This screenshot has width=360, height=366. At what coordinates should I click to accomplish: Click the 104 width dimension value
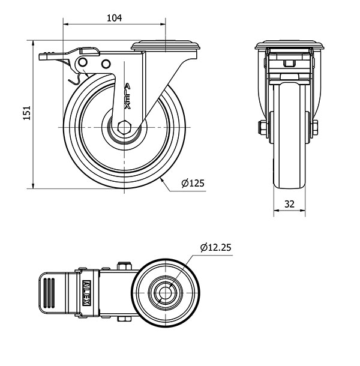pos(115,18)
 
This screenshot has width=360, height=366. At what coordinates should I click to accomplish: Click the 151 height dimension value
pos(27,113)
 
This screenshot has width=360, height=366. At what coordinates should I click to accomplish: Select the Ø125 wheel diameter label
pos(193,183)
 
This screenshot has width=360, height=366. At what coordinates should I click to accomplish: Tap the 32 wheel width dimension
pos(289,204)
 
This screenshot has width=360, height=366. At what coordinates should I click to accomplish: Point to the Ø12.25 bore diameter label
pos(216,247)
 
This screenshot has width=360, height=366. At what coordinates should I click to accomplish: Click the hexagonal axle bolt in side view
pos(124,127)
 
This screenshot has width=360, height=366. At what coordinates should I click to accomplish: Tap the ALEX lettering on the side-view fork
pos(127,96)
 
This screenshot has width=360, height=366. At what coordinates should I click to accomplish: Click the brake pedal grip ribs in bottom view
pos(49,293)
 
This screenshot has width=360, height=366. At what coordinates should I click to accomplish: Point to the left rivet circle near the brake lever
pos(83,62)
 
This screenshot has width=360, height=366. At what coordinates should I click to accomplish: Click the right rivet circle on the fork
pos(106,64)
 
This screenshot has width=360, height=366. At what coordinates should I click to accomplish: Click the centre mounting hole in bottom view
pos(165,293)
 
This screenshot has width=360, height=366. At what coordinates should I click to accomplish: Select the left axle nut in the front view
pos(263,127)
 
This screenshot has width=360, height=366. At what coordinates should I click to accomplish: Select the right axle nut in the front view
pos(315,127)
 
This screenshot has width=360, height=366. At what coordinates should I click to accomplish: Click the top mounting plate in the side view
pos(166,46)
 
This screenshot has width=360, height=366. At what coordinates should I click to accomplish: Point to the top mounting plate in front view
pos(289,45)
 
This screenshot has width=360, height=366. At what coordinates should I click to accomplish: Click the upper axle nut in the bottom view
pos(124,266)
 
